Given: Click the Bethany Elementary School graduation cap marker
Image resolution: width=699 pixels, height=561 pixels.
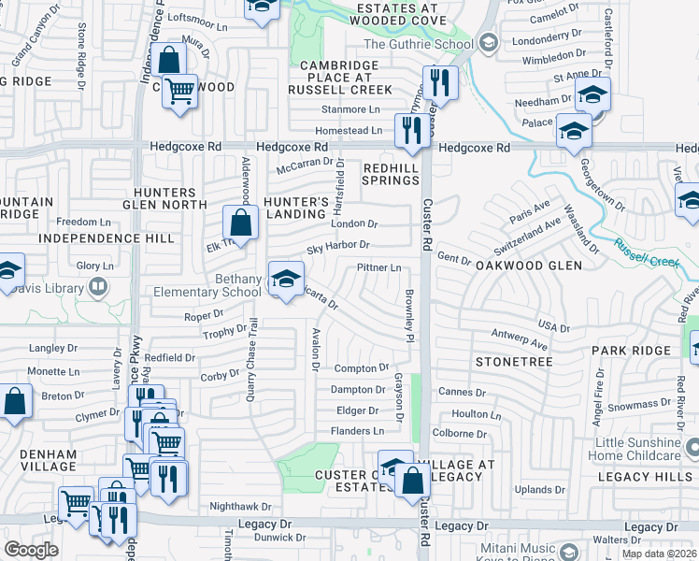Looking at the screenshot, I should (x=286, y=277).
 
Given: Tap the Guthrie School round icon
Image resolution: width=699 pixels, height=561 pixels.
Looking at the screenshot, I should (x=487, y=43).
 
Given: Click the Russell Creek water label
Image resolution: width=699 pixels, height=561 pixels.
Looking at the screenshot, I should (x=647, y=254).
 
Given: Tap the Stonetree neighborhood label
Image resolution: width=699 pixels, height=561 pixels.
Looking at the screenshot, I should (x=514, y=361).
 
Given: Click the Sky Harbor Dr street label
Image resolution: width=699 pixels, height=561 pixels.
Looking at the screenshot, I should (x=338, y=245).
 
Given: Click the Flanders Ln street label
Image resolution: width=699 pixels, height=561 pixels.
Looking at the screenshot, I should (x=357, y=431).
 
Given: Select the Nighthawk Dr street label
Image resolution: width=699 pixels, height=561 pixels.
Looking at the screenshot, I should (x=239, y=506).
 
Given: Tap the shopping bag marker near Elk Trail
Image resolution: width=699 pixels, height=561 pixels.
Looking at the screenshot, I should (x=240, y=223).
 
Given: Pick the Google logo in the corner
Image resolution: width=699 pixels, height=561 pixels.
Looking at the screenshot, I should (x=31, y=550).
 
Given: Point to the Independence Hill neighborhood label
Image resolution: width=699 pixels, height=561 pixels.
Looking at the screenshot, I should (x=107, y=238).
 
